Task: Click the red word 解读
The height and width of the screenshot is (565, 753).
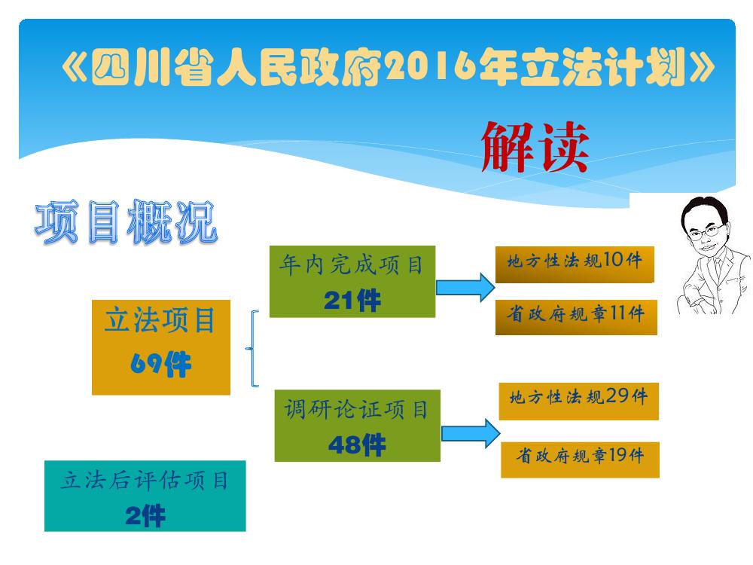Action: point(535,147)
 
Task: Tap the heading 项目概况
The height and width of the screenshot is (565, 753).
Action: point(127,222)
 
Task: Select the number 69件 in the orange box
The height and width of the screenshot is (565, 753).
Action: point(161,364)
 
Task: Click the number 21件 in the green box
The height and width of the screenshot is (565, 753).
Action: point(352,301)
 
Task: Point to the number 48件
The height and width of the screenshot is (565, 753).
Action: point(357,444)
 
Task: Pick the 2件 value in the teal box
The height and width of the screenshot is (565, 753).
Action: point(145,517)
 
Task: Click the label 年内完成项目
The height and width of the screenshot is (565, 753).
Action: point(352,264)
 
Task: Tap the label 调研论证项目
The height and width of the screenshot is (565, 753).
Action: point(356,410)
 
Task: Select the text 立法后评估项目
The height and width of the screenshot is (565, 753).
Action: point(145,481)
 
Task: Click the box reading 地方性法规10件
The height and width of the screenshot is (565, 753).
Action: point(575,264)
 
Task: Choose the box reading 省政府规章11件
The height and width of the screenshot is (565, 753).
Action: point(576,317)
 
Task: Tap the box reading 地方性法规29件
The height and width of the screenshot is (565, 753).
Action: point(578,402)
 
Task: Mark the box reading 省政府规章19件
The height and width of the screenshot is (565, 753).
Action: point(580,460)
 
